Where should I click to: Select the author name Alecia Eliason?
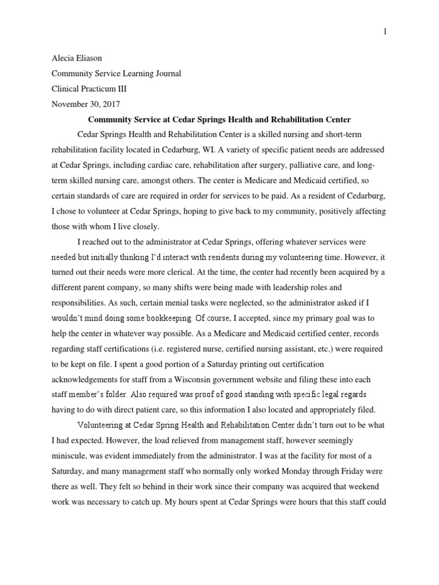pyautogui.click(x=77, y=58)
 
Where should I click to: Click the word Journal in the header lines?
pyautogui.click(x=168, y=74)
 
